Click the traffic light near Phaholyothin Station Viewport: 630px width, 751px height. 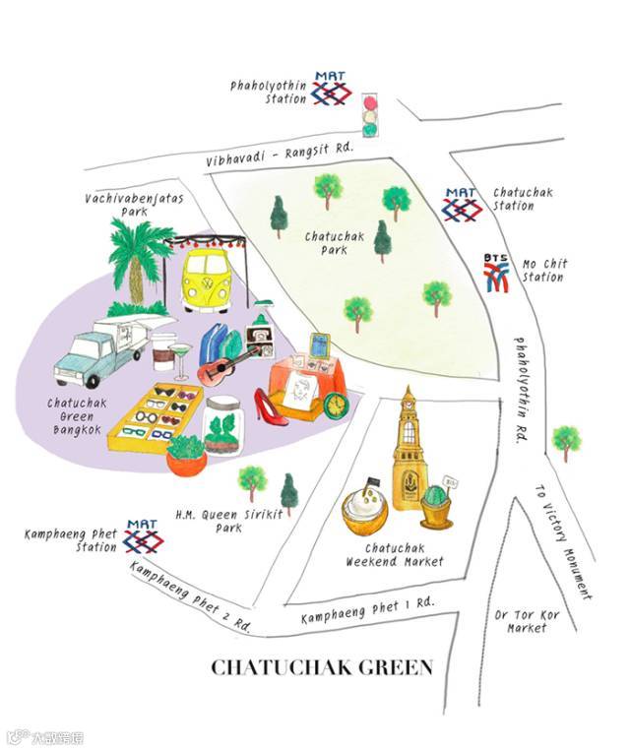371,115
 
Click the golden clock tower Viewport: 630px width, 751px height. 409,453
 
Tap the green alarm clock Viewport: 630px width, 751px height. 337,404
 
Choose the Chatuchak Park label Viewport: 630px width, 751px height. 327,243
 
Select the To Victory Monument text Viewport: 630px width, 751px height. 563,541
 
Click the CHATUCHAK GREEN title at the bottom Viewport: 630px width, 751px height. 322,668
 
